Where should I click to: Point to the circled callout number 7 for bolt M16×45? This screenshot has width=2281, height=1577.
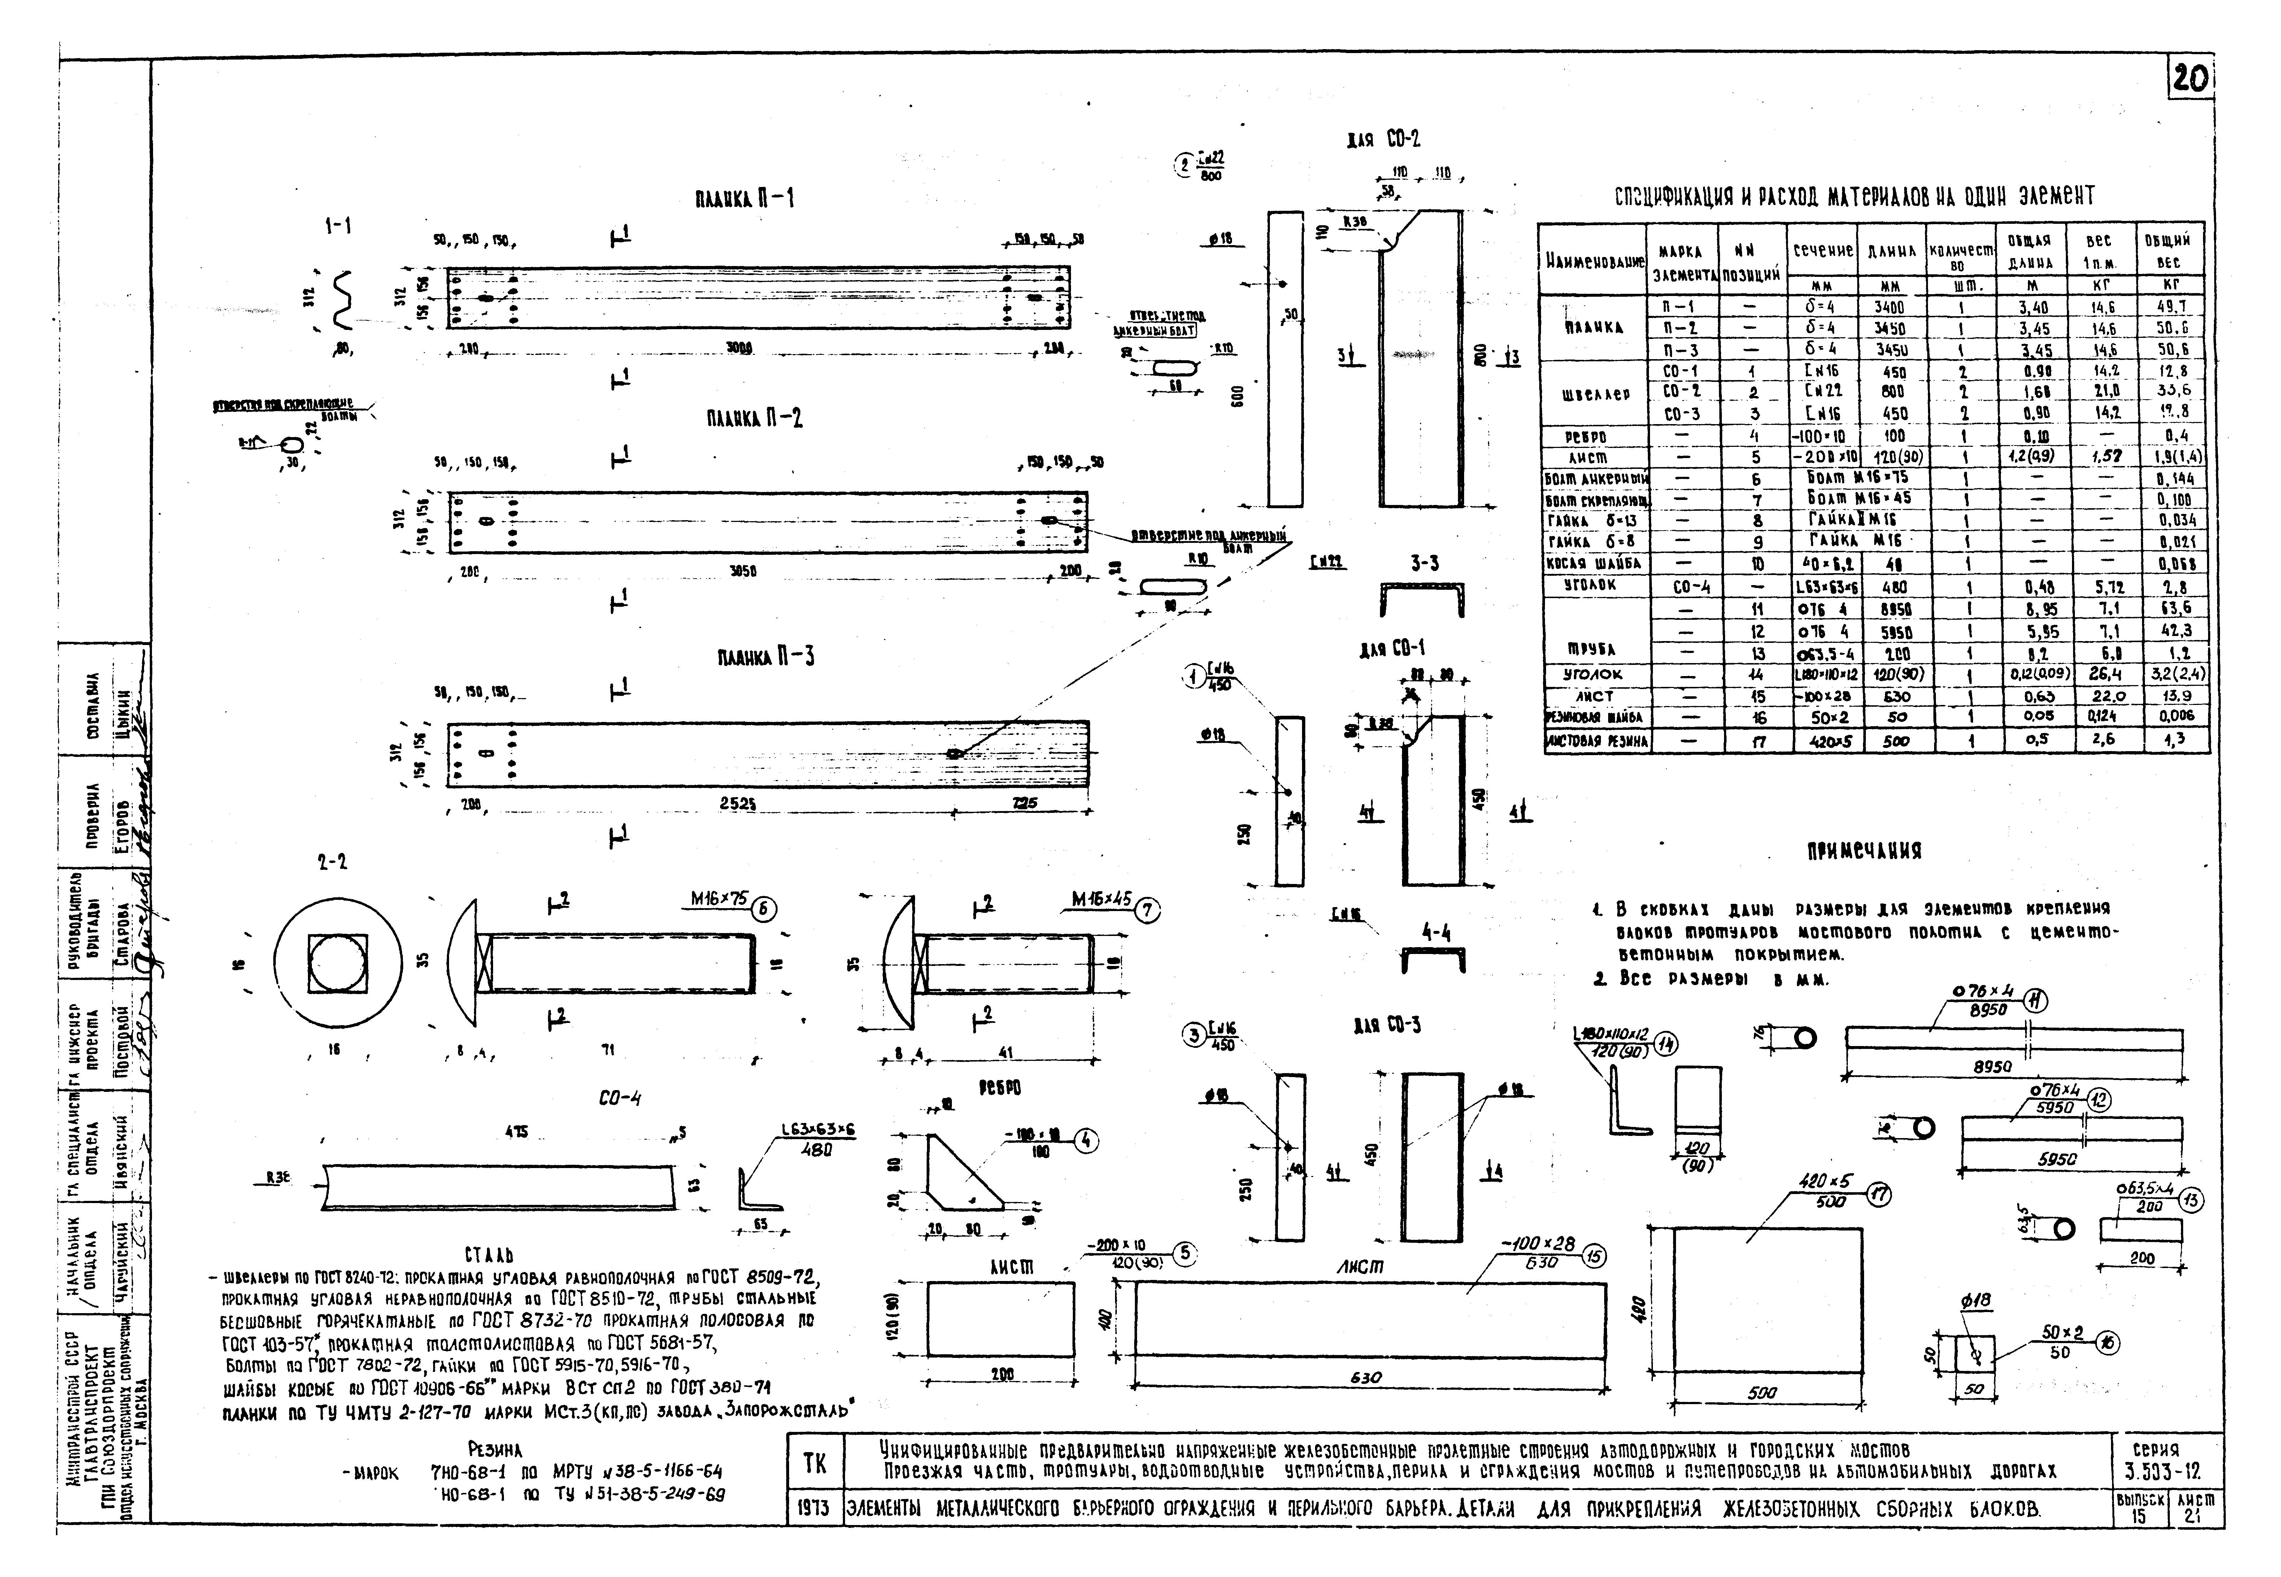1146,910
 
